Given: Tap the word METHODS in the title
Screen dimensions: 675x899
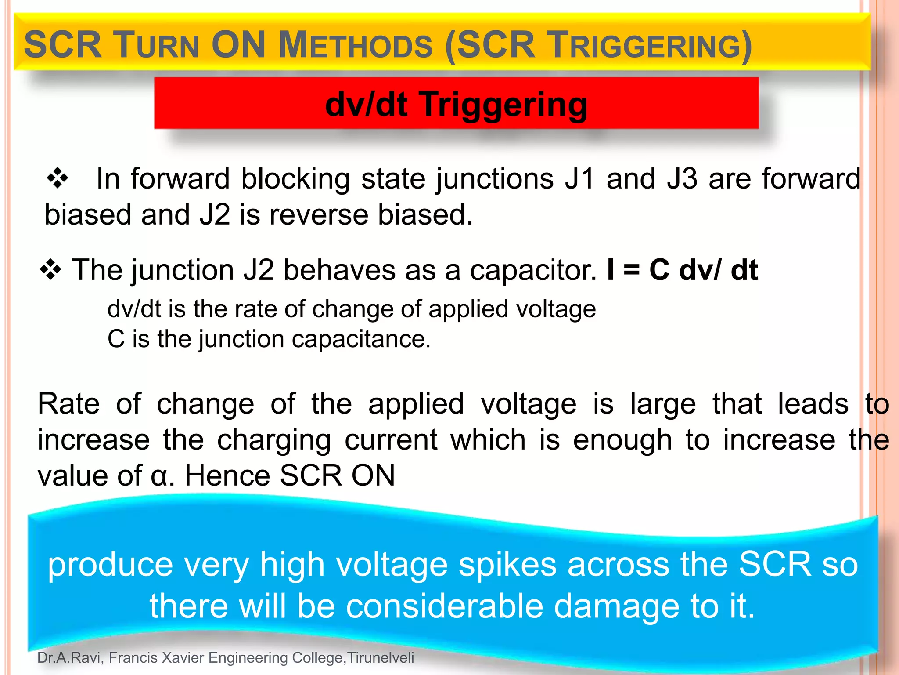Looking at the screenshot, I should (356, 46).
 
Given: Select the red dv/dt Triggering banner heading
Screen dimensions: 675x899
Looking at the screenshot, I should (456, 104).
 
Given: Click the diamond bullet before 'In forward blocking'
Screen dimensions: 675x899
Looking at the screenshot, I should (58, 179).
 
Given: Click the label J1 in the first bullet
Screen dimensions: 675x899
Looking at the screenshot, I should (580, 179).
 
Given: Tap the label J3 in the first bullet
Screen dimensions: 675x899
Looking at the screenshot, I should (682, 179).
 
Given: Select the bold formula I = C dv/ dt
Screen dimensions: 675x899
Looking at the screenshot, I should (682, 270).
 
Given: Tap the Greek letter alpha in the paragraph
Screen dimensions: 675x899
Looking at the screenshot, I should (159, 476).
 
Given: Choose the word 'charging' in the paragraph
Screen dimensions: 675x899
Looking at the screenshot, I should (274, 440).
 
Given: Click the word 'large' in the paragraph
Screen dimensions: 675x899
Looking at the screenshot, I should (663, 404).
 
